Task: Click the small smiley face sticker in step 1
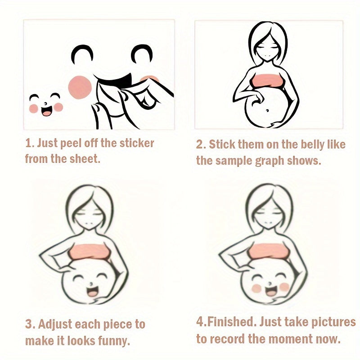point(46,104)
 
